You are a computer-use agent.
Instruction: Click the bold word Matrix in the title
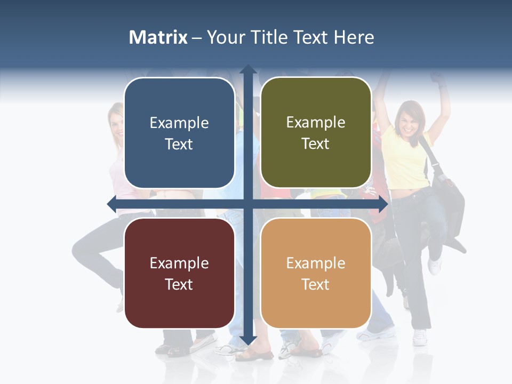(x=158, y=37)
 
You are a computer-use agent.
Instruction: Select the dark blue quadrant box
(x=179, y=133)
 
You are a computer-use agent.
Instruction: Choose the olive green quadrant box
(x=316, y=133)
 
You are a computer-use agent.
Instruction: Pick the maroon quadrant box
(x=179, y=273)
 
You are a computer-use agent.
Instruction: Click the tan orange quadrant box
(x=316, y=273)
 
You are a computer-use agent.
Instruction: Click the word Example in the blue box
(x=179, y=123)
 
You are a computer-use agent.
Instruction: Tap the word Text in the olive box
(x=316, y=144)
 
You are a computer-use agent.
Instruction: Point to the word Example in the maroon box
(x=179, y=263)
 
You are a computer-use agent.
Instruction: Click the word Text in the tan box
(x=316, y=284)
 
